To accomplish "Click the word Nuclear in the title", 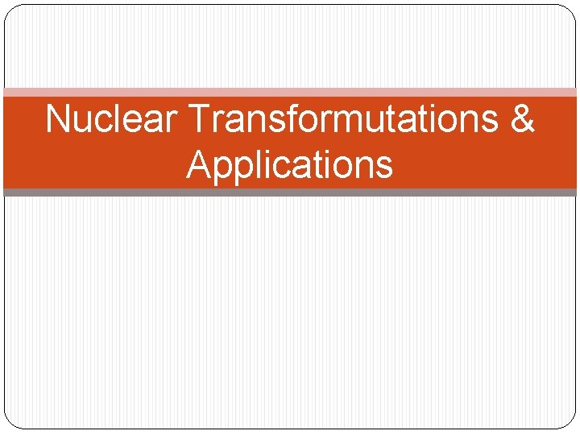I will pos(112,119).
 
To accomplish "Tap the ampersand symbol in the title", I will pos(522,119).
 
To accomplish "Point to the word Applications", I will pos(290,164).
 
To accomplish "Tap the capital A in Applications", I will pos(198,164).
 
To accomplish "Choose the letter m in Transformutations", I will pos(339,119).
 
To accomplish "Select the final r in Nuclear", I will pos(170,121).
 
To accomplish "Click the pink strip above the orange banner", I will pos(290,93).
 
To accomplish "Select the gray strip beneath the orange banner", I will pos(290,193).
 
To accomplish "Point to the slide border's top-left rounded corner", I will pos(11,11).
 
